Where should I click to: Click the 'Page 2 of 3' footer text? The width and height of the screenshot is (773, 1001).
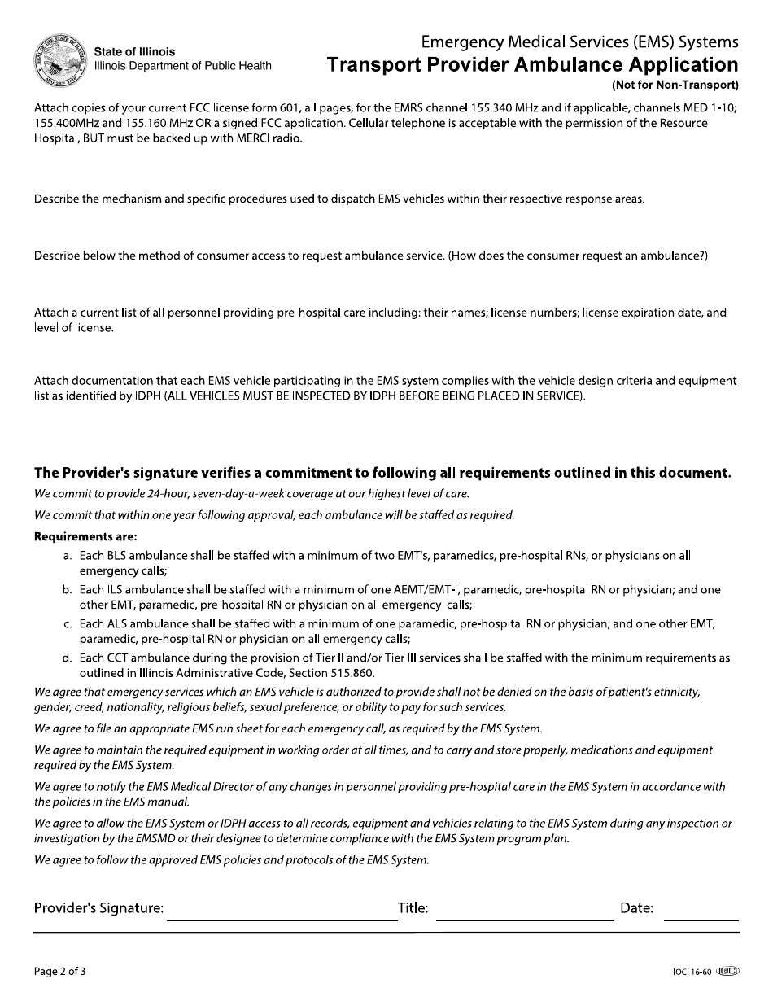[59, 971]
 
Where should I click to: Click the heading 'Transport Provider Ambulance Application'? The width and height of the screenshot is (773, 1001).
[532, 65]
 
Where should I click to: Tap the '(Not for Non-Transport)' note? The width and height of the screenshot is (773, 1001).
[675, 85]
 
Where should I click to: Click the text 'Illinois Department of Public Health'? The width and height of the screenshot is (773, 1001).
[183, 67]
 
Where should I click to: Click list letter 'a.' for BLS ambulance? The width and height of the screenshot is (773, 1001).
[68, 556]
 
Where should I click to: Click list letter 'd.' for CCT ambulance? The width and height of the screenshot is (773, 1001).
[68, 658]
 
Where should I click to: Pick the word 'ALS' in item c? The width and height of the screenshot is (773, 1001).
[116, 623]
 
